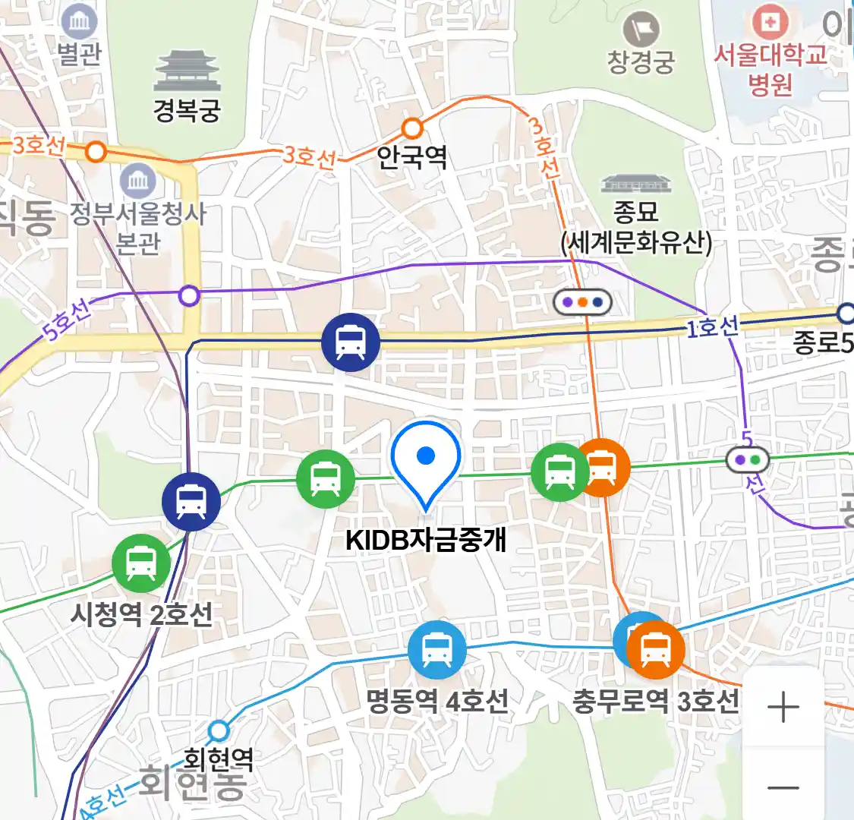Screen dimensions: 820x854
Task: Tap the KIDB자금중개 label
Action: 426,540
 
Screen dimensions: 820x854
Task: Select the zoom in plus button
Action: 783,708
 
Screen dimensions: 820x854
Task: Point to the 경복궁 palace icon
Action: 188,71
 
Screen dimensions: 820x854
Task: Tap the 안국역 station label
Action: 412,157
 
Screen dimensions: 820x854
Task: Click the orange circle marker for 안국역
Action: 412,128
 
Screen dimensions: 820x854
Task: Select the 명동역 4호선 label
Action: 437,700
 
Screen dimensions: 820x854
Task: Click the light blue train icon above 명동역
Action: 436,650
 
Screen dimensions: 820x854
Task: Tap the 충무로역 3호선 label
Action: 655,700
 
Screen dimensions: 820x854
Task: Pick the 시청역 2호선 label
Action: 141,613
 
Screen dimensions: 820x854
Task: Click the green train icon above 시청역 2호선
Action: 141,563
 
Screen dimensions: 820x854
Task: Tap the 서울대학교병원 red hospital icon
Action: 770,23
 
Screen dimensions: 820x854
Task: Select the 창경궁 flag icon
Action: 641,30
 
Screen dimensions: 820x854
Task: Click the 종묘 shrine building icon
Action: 636,184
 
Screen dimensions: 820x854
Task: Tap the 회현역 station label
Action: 219,757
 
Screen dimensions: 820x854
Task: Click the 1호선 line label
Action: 712,327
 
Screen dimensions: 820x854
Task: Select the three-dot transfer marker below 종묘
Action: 582,302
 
